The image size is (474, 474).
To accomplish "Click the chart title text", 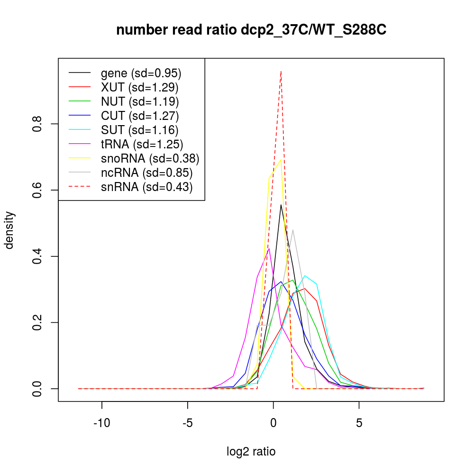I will (x=251, y=30).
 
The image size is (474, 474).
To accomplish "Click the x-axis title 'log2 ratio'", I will (x=251, y=452).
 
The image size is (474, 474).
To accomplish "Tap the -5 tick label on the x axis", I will (x=187, y=422).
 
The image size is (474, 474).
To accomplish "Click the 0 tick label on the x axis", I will (x=273, y=422).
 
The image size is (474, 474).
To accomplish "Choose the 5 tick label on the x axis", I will (x=359, y=422).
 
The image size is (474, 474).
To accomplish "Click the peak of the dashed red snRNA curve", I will (x=281, y=71).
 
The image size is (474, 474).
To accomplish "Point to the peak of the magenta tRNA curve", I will (x=269, y=248).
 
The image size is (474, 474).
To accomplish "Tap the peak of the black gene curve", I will (x=281, y=205).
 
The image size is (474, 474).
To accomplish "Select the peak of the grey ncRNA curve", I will (x=293, y=230).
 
